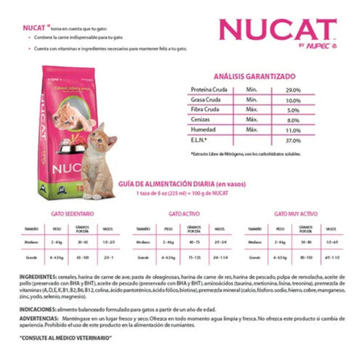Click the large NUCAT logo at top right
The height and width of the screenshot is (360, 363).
277,30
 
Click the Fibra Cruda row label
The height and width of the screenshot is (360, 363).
205,109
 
